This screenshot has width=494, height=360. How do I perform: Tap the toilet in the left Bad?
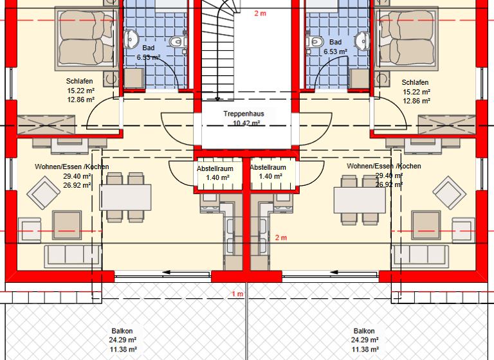click(x=176, y=42)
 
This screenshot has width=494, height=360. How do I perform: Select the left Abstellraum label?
click(x=215, y=168)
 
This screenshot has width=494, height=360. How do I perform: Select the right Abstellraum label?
click(x=267, y=167)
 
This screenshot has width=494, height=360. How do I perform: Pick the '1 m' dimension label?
click(x=237, y=294)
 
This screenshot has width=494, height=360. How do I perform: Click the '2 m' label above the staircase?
click(x=260, y=14)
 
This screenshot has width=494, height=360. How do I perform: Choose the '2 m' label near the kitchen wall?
click(x=280, y=238)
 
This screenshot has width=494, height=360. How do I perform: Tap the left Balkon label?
click(x=121, y=331)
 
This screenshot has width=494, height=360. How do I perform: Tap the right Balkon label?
click(x=363, y=331)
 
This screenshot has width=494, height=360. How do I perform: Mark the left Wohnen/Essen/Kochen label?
click(x=71, y=166)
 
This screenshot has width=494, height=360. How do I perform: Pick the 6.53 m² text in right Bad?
click(x=335, y=51)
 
